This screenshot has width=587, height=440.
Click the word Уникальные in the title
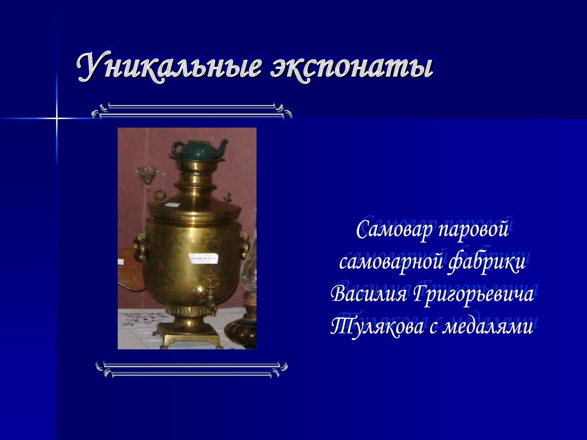(x=169, y=67)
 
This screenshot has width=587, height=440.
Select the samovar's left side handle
(x=140, y=246)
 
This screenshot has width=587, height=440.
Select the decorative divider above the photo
(x=192, y=111)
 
